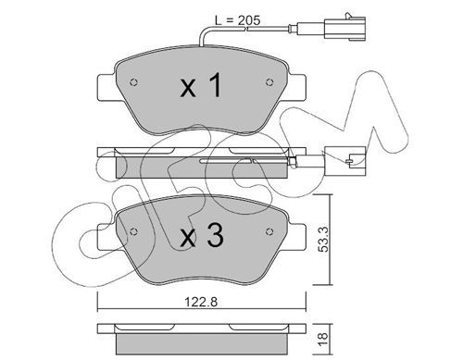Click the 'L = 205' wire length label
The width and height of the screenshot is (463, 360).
237,20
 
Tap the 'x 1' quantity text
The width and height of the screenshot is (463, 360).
201,85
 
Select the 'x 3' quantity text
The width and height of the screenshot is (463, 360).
202,235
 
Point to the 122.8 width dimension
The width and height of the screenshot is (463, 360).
201,302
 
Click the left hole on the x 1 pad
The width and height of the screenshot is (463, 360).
134,82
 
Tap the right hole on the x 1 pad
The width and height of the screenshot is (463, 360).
269,82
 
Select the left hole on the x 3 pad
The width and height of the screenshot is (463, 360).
133,231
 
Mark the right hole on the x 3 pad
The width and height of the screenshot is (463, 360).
269,231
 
